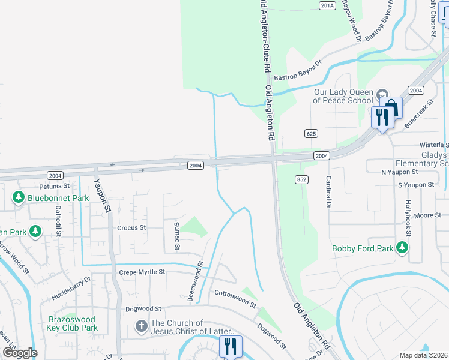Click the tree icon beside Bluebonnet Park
click(19, 197)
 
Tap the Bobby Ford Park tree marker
click(402, 248)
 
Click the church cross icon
click(141, 327)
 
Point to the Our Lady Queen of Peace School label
click(343, 96)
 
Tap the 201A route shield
click(326, 5)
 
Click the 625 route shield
click(310, 133)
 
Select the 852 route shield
click(301, 179)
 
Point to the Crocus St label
click(131, 228)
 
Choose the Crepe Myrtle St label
click(142, 272)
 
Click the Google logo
click(19, 353)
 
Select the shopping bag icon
click(391, 109)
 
